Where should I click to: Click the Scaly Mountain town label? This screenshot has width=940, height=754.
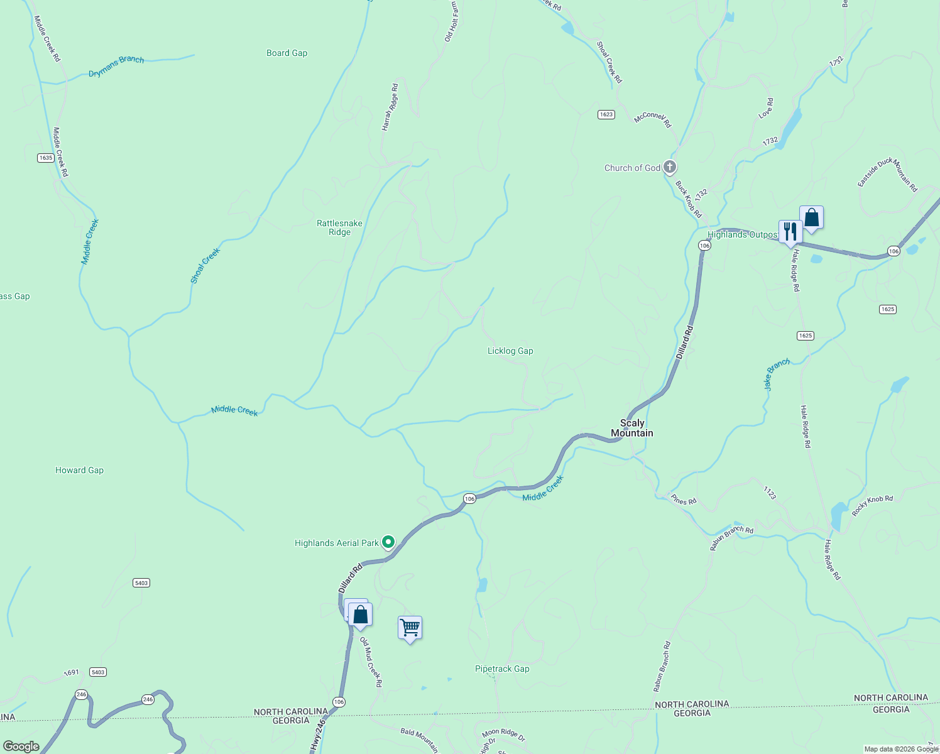tap(632, 428)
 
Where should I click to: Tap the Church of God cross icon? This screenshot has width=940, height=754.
tap(670, 167)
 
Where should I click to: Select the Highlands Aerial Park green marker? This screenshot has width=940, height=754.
tap(388, 542)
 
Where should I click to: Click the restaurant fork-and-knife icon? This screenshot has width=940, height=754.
tap(790, 231)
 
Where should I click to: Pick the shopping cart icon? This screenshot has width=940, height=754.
tap(410, 627)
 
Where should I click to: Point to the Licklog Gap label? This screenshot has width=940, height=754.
tap(510, 351)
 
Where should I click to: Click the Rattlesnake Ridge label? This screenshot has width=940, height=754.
tap(339, 227)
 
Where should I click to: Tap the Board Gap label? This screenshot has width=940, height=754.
tap(287, 53)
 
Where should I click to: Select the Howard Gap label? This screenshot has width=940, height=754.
tap(79, 470)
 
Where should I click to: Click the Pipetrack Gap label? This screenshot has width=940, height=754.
tap(502, 669)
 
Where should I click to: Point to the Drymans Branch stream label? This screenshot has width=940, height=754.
tap(116, 66)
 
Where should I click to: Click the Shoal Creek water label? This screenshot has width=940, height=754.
tap(205, 266)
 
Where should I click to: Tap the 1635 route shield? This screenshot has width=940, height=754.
tap(45, 158)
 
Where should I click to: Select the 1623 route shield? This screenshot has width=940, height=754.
tap(606, 114)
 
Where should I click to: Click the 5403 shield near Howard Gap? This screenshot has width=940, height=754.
tap(141, 583)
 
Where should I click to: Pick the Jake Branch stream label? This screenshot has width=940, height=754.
tap(777, 374)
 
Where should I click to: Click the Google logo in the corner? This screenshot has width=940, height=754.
tap(21, 746)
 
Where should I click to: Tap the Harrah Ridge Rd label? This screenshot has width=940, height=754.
tap(390, 107)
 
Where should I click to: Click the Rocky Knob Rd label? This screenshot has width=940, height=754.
tap(872, 506)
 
